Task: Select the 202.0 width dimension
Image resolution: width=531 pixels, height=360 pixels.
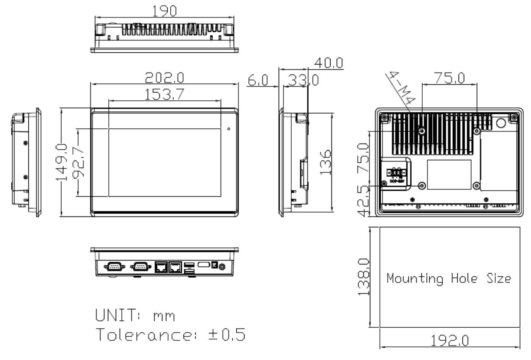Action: click(165, 78)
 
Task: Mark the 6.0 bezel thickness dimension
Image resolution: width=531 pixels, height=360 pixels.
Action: click(257, 81)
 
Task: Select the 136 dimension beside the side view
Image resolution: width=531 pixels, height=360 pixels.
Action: click(325, 162)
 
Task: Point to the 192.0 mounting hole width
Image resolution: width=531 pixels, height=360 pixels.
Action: click(450, 340)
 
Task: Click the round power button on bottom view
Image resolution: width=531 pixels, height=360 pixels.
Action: click(223, 265)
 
